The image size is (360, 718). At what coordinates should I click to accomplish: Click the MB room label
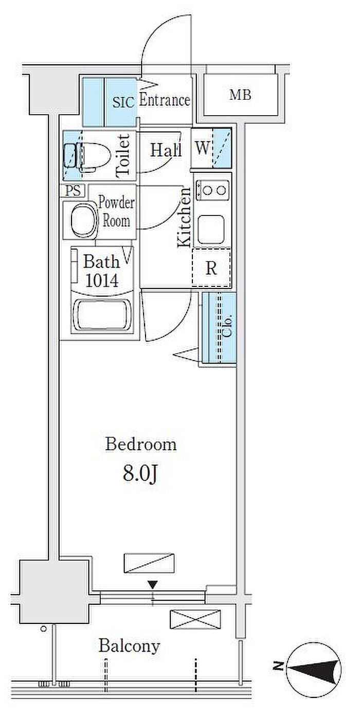coord(240,95)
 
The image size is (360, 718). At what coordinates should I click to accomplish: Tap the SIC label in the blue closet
coord(123,102)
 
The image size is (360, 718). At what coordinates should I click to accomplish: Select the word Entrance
coord(165,100)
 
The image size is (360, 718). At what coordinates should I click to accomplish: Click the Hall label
coord(166,150)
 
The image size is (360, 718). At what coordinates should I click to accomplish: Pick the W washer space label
coord(202,148)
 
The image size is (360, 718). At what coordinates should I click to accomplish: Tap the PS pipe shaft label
coord(73,191)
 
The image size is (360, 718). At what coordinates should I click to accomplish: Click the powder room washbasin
coord(84,220)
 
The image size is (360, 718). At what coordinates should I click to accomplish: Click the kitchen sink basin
coord(211,229)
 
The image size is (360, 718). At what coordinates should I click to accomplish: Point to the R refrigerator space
coord(211,267)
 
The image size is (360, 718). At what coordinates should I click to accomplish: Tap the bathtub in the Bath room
coord(102,315)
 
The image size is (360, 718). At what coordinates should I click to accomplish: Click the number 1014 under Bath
coord(102,280)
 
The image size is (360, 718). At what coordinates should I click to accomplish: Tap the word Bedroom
coord(141,444)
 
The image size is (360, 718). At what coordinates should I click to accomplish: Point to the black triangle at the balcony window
coord(152,585)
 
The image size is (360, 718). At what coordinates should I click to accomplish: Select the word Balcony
coord(129,646)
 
